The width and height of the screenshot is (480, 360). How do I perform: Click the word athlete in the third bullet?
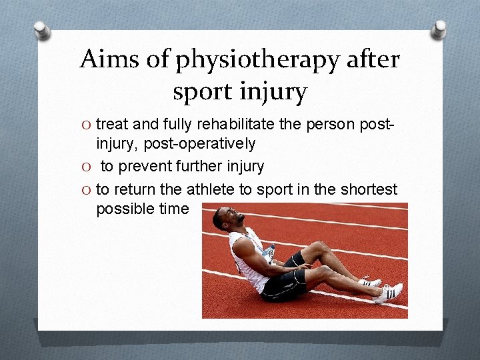[x=211, y=189]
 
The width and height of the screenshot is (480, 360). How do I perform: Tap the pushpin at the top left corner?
[x=43, y=30]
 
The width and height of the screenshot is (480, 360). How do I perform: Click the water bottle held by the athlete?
[x=268, y=252]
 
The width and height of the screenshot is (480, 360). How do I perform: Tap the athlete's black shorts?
[x=283, y=283]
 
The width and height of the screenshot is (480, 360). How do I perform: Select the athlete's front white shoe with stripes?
[x=389, y=293]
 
